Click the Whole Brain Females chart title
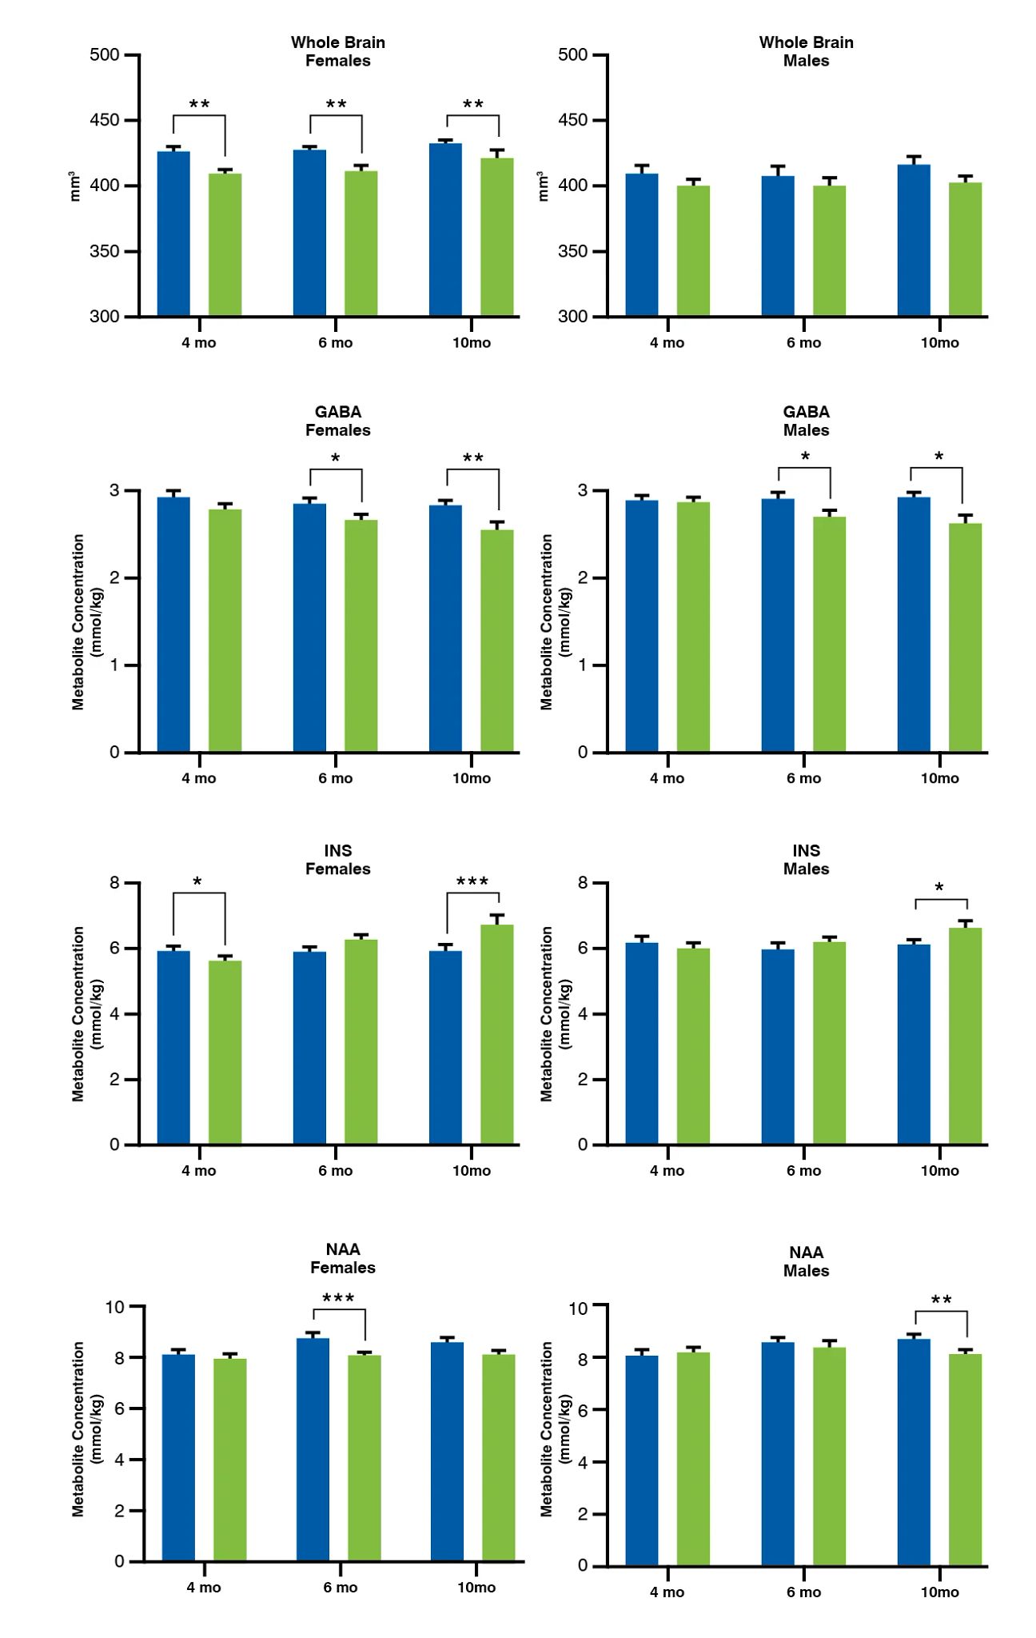(x=337, y=51)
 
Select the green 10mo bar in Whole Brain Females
(x=496, y=237)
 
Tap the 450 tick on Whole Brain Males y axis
(x=572, y=121)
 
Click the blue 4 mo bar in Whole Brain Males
(x=641, y=244)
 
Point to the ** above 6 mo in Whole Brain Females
(x=336, y=106)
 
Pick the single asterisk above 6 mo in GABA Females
(x=336, y=459)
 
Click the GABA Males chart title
(x=806, y=421)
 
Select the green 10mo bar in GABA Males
(x=965, y=637)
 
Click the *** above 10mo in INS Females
(x=472, y=883)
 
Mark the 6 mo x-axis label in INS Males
(x=803, y=1171)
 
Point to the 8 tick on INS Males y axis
(x=583, y=883)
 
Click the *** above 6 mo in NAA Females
(x=338, y=1298)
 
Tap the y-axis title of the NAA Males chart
(x=556, y=1428)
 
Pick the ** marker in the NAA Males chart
(x=941, y=1300)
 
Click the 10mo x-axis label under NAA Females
(x=476, y=1588)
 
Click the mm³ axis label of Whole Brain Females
(x=75, y=186)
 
